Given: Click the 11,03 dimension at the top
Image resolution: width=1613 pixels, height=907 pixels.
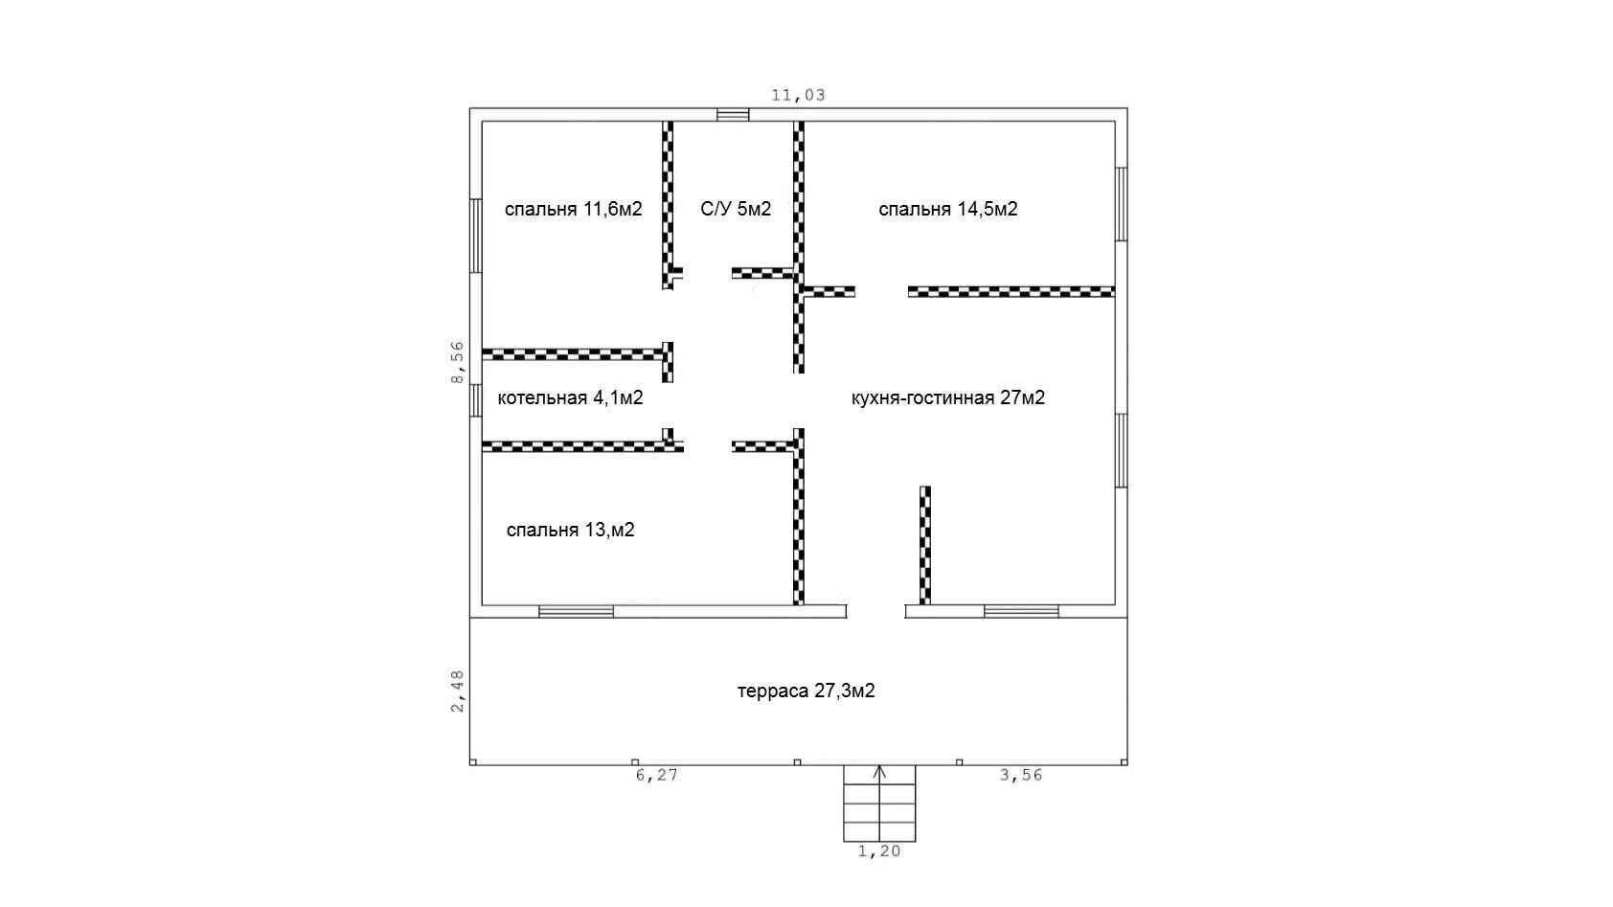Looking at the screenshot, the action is (798, 95).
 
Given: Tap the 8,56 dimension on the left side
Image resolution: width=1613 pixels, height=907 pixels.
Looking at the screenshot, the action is (458, 362).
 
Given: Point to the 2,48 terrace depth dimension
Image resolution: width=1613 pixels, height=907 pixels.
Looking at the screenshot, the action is (458, 692).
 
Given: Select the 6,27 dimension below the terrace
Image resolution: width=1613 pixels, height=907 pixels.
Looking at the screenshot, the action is (657, 775).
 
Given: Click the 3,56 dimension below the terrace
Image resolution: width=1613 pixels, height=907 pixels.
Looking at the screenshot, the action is (1021, 775).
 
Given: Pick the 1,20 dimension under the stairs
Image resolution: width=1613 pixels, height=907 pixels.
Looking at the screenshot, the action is (879, 851).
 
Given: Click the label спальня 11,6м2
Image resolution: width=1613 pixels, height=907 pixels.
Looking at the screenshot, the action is (573, 210).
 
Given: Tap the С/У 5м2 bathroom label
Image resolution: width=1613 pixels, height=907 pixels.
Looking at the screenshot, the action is (736, 209).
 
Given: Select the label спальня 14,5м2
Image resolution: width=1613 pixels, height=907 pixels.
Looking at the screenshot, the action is (948, 210).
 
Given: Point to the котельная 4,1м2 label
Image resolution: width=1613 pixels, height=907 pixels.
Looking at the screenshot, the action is (570, 398).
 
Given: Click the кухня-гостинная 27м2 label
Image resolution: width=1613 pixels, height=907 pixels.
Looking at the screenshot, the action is (947, 398).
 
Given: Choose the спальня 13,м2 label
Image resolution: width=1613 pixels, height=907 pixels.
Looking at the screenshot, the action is (570, 531).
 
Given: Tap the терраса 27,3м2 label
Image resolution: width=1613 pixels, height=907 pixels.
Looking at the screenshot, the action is (806, 692).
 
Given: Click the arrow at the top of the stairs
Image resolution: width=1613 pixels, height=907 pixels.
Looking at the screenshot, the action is (880, 773).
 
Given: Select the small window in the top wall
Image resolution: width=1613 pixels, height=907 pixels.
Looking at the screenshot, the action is (733, 115).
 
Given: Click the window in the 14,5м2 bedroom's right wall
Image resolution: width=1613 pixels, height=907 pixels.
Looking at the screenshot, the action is (1122, 204).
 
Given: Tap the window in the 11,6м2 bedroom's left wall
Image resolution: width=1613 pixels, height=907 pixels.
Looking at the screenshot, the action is (476, 237).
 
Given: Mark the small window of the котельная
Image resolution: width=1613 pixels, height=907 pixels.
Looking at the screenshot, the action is (476, 401).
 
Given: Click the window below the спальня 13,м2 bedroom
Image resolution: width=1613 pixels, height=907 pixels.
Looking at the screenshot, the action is (576, 612).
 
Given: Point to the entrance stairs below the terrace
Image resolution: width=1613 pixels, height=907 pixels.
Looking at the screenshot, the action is (880, 804).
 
